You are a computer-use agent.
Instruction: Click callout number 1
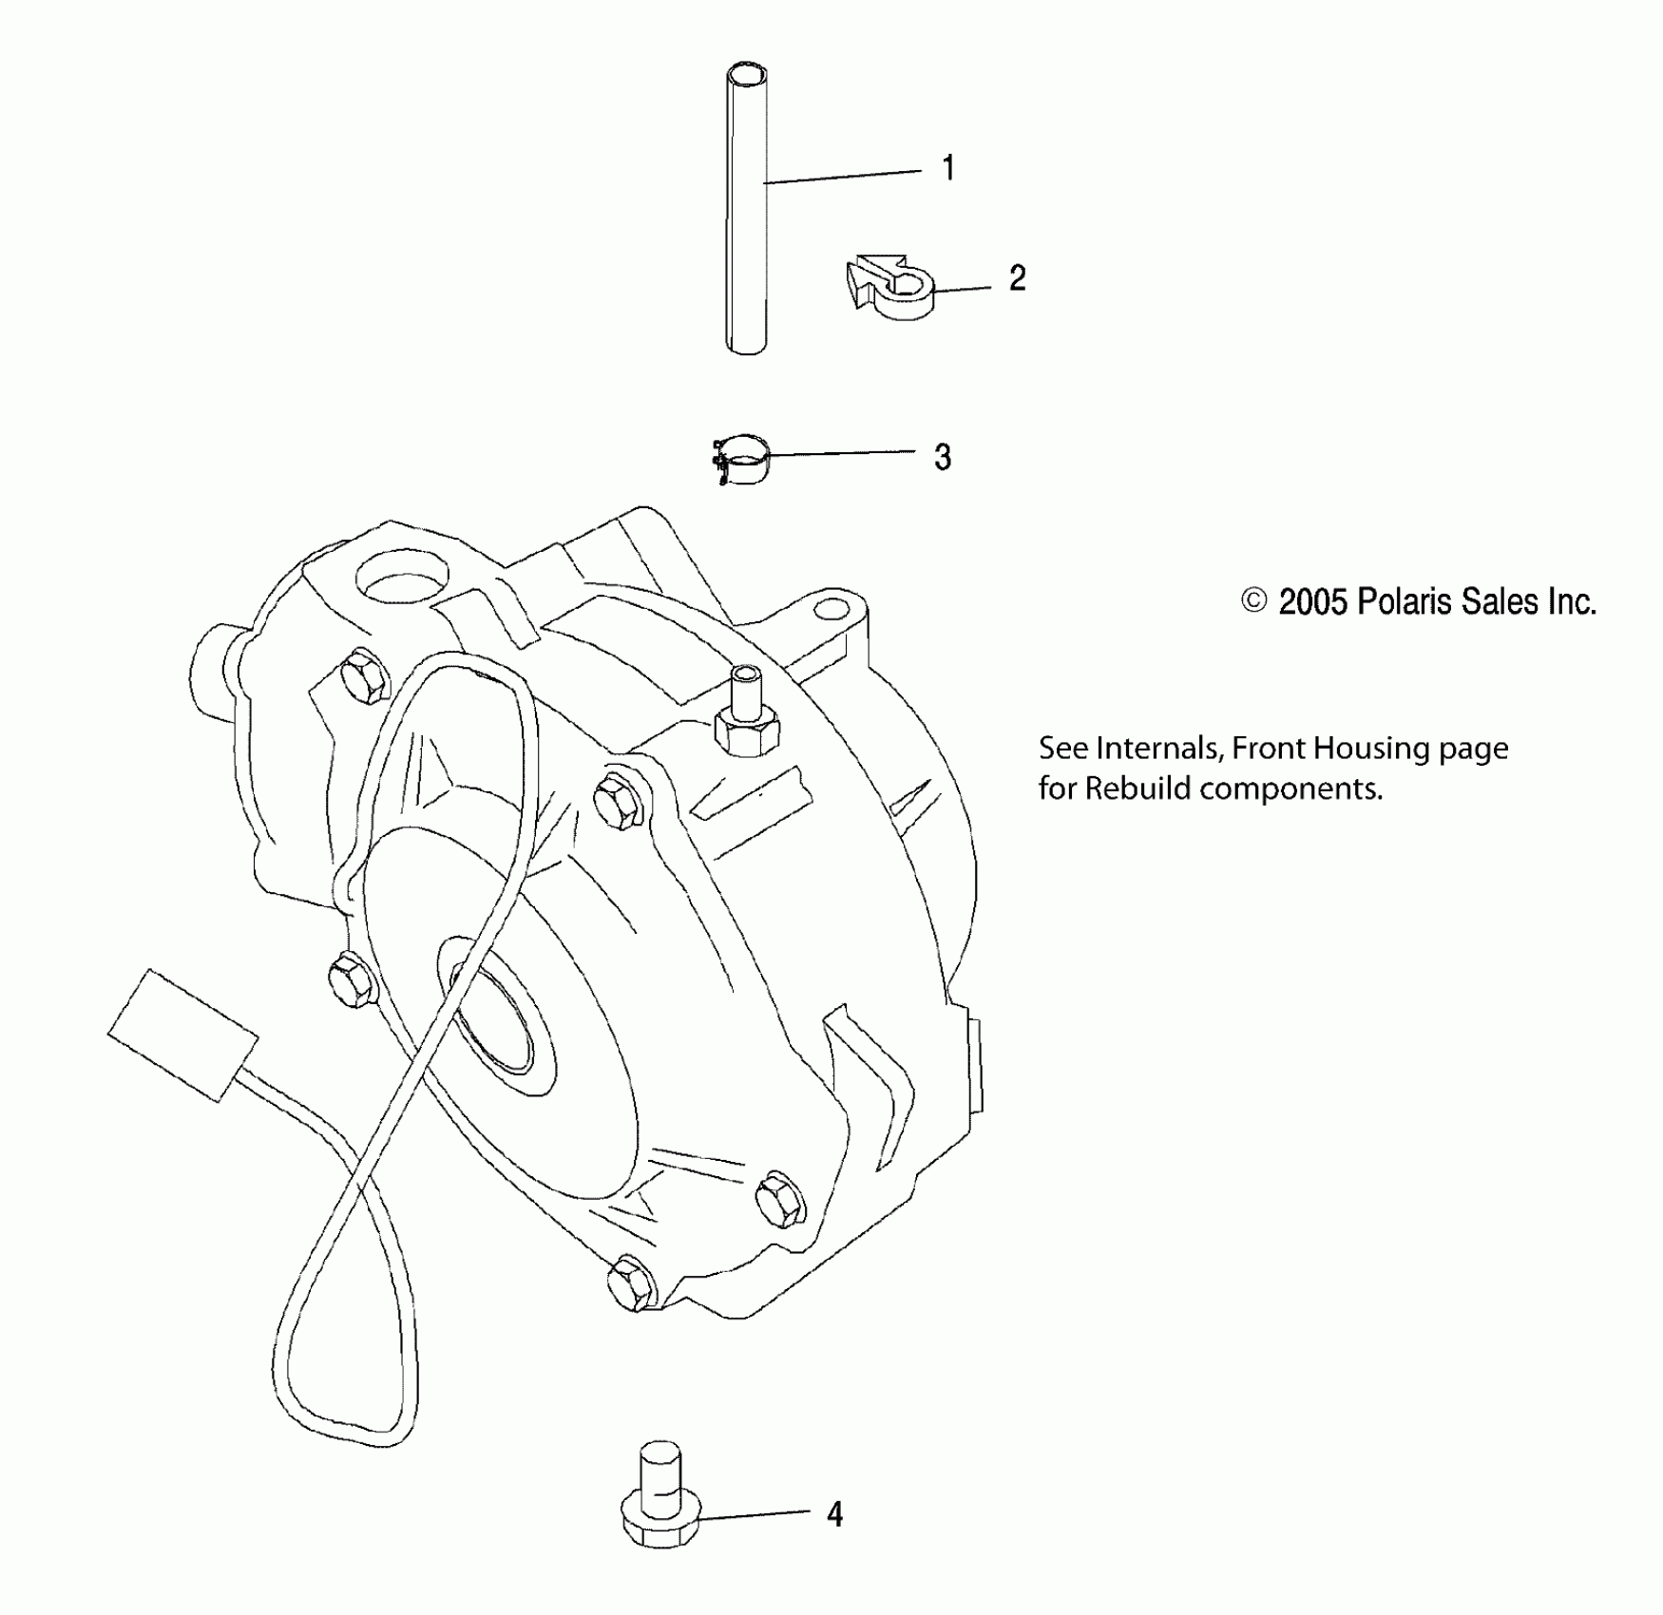tap(947, 169)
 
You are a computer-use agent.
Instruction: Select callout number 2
tap(1017, 279)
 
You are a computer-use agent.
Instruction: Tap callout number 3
tap(942, 458)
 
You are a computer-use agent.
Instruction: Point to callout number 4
tap(834, 1513)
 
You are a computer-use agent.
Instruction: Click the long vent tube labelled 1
tap(746, 237)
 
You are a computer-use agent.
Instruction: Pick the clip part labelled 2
tap(890, 288)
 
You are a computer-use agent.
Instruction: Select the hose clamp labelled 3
tap(741, 459)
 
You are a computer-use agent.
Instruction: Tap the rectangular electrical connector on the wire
tap(182, 1035)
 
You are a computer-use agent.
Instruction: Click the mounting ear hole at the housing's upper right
tap(832, 608)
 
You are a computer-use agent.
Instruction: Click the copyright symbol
tap(1253, 600)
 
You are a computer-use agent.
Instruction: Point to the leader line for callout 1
tap(841, 176)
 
